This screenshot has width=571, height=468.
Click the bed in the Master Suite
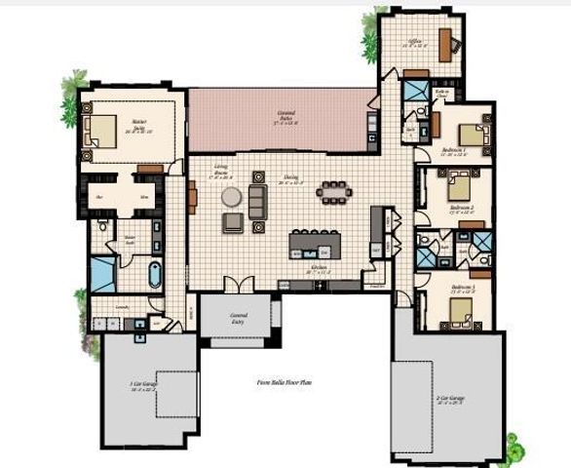click(100, 130)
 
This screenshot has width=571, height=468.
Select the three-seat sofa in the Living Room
click(256, 201)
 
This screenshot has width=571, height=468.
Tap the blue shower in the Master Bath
click(103, 274)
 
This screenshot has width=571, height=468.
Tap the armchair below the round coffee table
click(232, 222)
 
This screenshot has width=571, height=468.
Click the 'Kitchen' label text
click(319, 266)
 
